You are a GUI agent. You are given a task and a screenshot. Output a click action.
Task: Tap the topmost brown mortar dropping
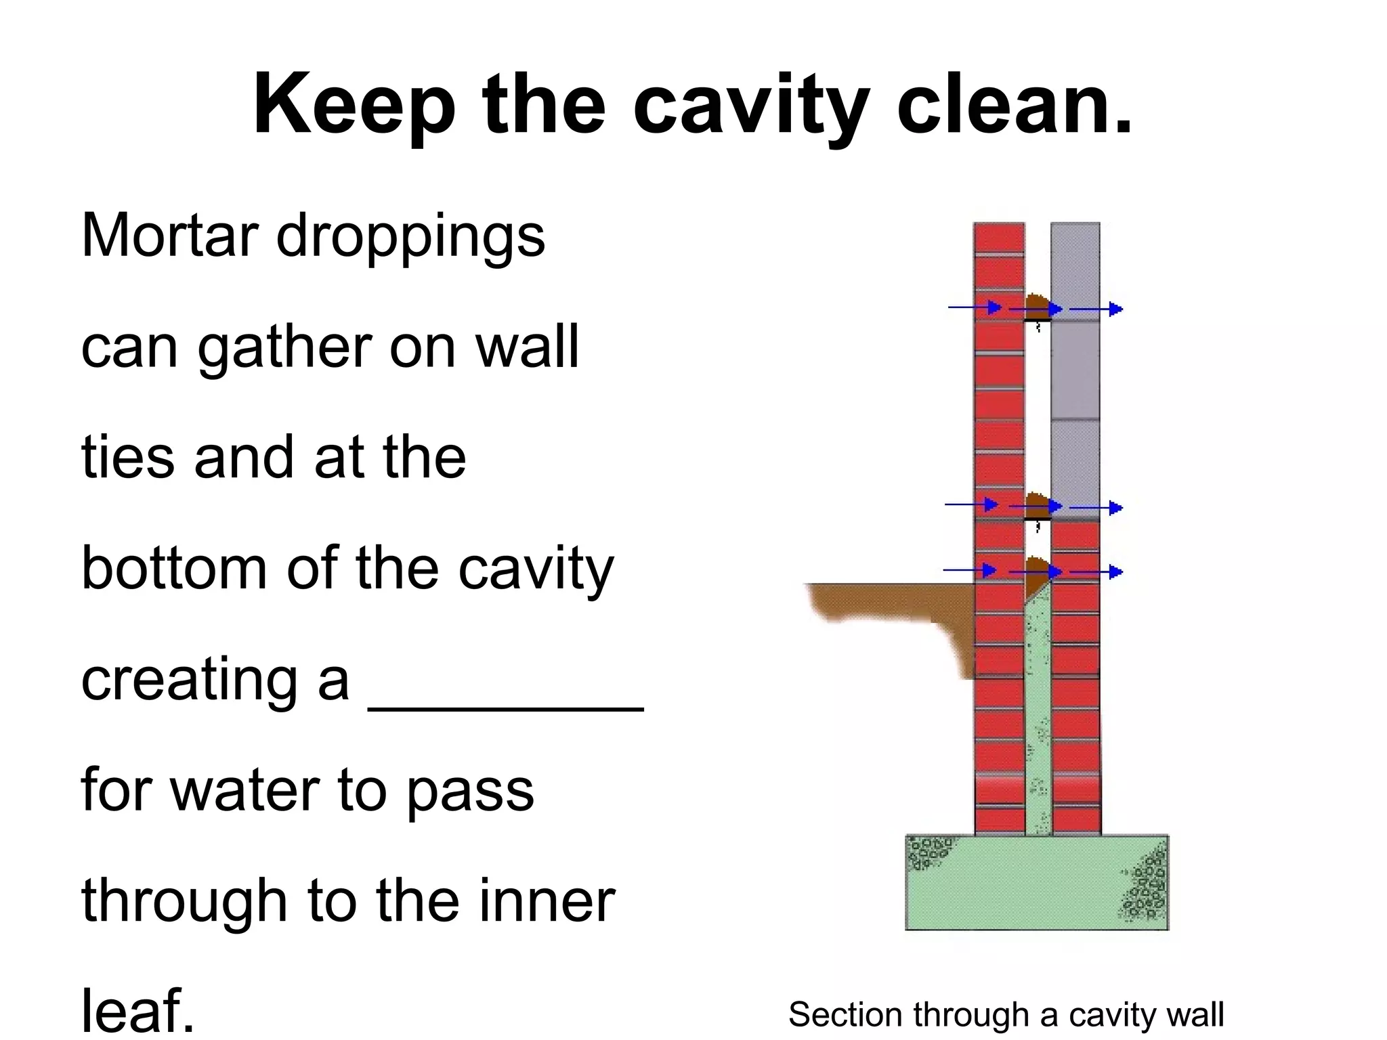(1036, 303)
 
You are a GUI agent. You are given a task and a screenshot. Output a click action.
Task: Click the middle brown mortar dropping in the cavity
(1036, 502)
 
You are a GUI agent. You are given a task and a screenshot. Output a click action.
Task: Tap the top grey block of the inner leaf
(1075, 264)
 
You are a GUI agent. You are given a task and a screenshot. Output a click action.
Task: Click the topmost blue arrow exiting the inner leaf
(1096, 309)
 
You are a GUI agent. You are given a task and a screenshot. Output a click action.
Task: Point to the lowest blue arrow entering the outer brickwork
(968, 570)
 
